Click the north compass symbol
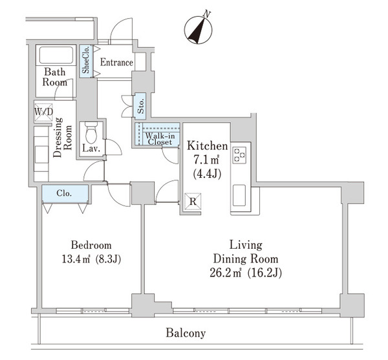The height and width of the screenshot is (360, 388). tap(198, 30)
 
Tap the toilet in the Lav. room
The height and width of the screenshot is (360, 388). tap(91, 132)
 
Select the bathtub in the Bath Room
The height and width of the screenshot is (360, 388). tap(56, 56)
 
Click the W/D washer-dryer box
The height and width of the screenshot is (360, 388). tap(43, 112)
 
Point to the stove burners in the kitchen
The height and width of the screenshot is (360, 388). tap(239, 155)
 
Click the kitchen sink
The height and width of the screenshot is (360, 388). tap(239, 195)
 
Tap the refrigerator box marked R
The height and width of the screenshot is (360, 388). tap(193, 202)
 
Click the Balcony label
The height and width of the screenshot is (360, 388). tap(186, 333)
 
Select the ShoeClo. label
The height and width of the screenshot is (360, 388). tap(86, 60)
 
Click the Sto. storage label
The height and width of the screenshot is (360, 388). tap(140, 106)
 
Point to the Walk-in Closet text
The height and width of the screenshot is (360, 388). tap(160, 139)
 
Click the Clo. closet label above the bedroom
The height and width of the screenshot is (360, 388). tap(64, 193)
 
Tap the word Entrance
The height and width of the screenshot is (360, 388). tap(116, 62)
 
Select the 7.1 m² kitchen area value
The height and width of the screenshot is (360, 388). tap(206, 160)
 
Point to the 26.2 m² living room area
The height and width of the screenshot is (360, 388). tap(225, 273)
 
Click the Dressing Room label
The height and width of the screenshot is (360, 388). tap(63, 137)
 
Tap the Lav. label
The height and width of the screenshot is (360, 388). tap(91, 149)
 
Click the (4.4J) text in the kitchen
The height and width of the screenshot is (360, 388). tap(207, 175)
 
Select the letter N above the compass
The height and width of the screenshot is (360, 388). tap(206, 14)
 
